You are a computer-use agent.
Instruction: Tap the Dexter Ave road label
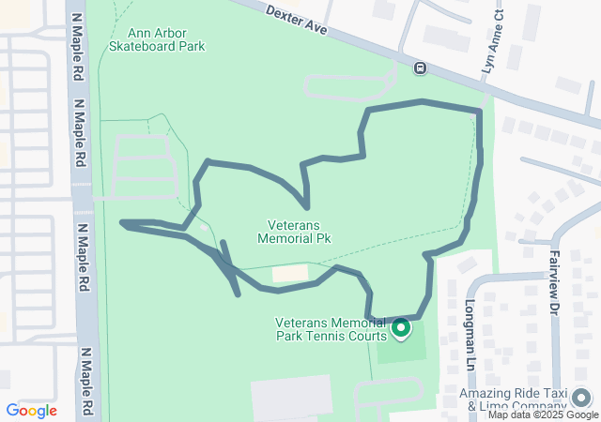point(296,20)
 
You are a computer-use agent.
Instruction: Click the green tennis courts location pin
point(401,328)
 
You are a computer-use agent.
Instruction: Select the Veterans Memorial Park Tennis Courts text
point(331,329)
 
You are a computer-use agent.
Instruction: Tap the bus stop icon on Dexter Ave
point(419,68)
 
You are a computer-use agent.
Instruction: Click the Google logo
point(31,411)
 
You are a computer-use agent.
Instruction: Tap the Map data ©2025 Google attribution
point(542,414)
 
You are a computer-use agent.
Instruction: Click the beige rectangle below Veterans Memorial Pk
point(290,273)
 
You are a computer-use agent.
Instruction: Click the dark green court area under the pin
point(402,349)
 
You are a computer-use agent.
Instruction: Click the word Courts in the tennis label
point(367,336)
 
